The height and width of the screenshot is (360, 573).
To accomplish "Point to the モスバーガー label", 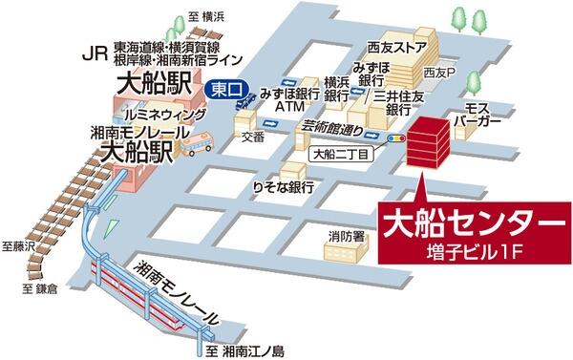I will click(x=480, y=116).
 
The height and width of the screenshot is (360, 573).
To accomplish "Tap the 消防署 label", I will click(x=344, y=235).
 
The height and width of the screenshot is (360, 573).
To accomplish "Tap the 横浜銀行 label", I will click(x=336, y=89).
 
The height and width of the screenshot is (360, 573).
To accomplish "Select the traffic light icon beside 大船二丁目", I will click(x=395, y=139).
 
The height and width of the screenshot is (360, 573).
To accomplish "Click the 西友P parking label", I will click(x=441, y=72).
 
